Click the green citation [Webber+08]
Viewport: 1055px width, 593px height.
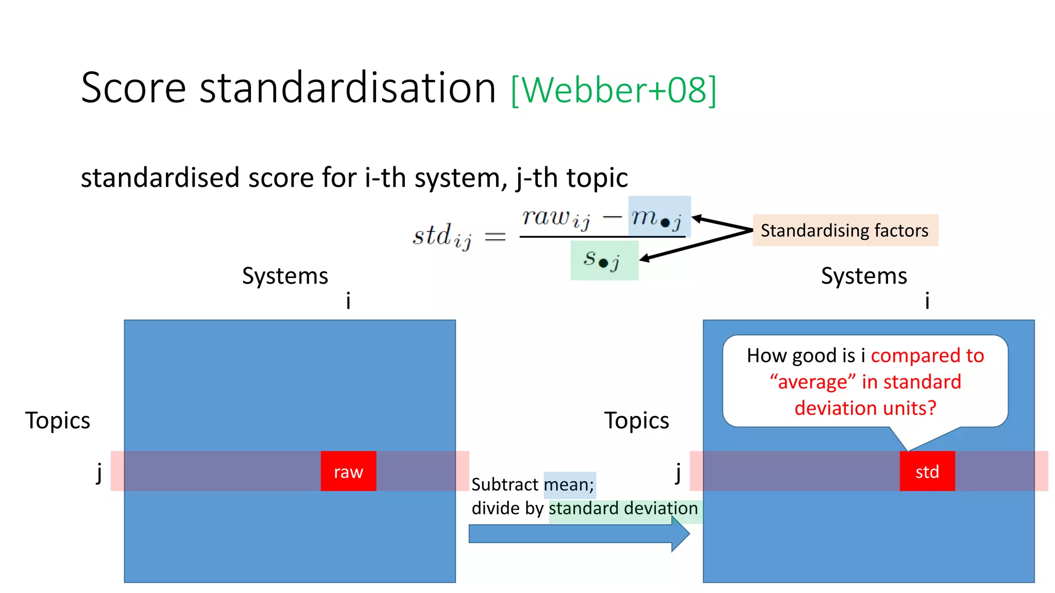614,90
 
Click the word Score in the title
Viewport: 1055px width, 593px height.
133,88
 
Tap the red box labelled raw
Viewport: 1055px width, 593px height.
348,471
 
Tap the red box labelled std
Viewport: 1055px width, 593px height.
927,471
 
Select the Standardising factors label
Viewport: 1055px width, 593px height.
845,230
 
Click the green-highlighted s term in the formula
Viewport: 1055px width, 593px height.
602,259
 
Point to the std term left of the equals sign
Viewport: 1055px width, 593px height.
441,236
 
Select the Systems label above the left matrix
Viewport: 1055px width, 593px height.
285,276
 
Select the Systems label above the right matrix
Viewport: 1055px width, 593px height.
864,276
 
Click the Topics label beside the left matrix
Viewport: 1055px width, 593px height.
58,421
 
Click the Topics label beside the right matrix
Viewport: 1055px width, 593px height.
636,421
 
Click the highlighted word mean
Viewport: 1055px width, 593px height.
569,484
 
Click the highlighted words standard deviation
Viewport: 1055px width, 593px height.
623,509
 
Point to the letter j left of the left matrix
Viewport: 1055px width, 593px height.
99,472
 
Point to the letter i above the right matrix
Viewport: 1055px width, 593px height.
927,300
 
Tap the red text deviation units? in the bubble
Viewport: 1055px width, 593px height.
865,408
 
